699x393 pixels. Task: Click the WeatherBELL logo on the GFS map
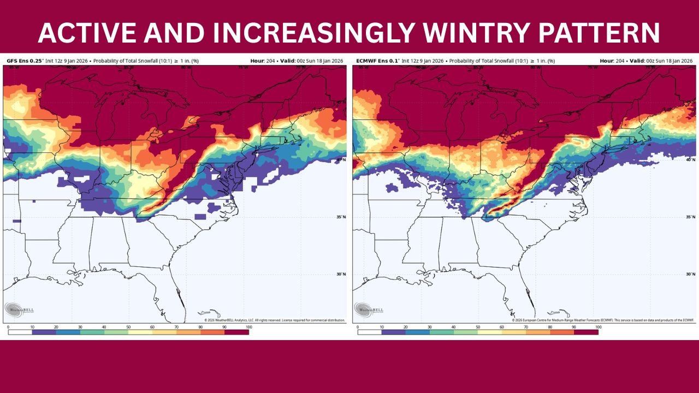tap(19, 309)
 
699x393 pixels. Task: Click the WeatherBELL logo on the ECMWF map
tap(369, 309)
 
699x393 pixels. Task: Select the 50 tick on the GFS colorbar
tap(128, 326)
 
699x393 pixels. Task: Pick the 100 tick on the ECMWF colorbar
tap(598, 326)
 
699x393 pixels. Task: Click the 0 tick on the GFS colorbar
tap(8, 326)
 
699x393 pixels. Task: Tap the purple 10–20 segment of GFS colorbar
tap(44, 332)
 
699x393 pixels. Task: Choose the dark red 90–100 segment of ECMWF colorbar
tap(586, 332)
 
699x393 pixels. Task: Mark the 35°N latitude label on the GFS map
tap(341, 217)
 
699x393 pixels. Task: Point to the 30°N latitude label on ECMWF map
tap(689, 274)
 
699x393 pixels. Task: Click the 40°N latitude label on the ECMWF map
tap(689, 159)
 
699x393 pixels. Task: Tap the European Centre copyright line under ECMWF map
tap(603, 320)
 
